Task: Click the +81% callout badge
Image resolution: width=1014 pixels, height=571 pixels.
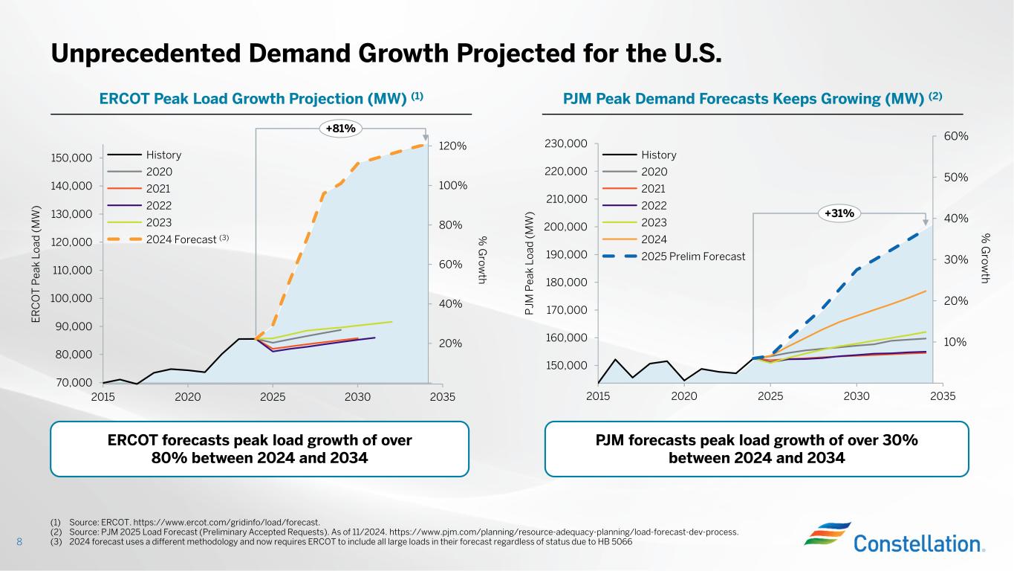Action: coord(341,129)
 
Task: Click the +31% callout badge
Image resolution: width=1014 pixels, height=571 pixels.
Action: coord(839,213)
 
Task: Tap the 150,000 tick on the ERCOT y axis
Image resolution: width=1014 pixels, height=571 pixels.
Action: coord(71,158)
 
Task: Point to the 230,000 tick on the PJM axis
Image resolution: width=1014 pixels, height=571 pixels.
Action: coord(567,143)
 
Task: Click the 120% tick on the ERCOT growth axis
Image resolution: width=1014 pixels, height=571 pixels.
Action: coord(452,146)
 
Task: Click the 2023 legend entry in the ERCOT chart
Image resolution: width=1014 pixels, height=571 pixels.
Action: coord(159,222)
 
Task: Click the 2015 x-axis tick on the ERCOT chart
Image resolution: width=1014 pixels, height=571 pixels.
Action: coord(103,396)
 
